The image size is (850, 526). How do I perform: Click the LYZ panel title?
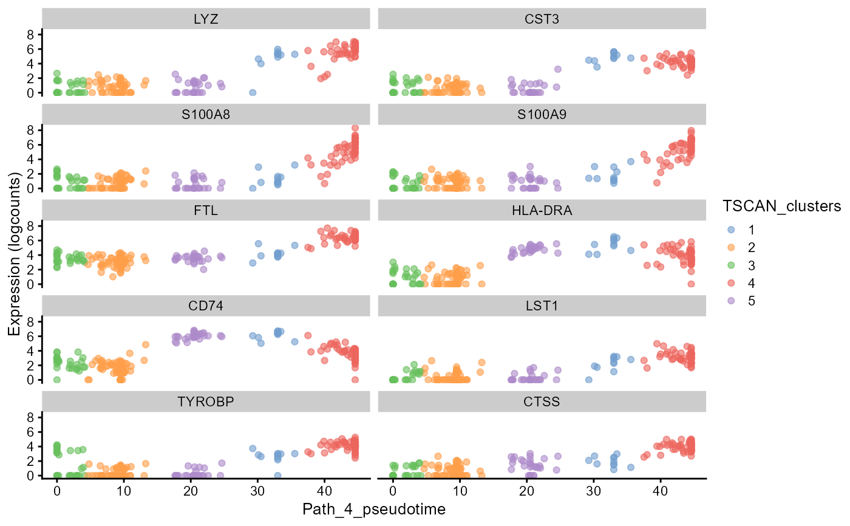pos(206,19)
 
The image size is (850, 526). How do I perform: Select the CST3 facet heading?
pos(542,19)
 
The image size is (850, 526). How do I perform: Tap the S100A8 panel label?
pos(206,114)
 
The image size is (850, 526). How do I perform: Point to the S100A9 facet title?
pos(542,114)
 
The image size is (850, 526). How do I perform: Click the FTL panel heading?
pos(206,210)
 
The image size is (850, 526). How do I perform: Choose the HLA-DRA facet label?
pos(542,210)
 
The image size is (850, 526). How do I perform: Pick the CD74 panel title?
pos(206,306)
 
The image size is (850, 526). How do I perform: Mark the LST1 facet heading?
pos(542,306)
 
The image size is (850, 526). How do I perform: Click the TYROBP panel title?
pos(206,401)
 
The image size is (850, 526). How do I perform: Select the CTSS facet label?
pos(542,401)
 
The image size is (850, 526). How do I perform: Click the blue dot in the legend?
pos(731,230)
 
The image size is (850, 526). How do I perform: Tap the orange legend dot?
pos(731,247)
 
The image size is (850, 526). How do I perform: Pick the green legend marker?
pos(731,265)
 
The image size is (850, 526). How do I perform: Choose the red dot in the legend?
pos(731,282)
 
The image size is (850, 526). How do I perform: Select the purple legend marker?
pos(731,300)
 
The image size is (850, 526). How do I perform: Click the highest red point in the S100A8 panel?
pos(355,128)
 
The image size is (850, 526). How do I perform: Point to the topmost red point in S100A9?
pos(691,130)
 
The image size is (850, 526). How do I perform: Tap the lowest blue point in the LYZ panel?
pos(253,92)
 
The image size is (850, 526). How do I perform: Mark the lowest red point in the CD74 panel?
pos(355,380)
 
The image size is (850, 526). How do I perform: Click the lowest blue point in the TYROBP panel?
pos(277,475)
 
